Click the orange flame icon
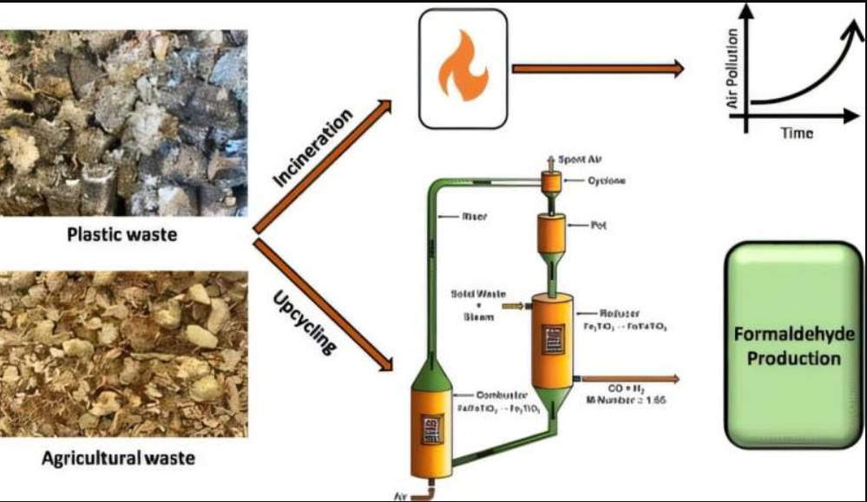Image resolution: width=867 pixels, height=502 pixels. [x=462, y=67]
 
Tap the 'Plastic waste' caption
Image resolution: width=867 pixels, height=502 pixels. [x=123, y=235]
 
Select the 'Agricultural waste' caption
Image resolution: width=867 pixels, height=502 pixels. [x=119, y=458]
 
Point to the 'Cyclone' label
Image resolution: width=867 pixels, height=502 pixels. [x=606, y=180]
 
